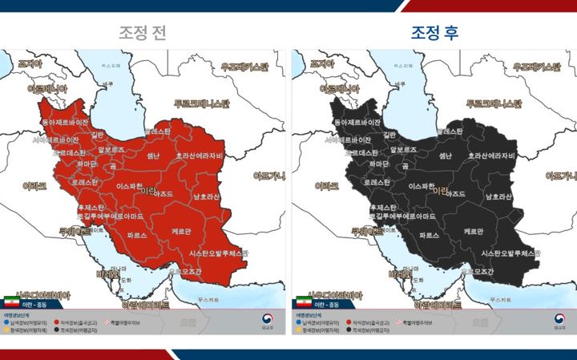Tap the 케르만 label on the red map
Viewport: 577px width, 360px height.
(x=181, y=231)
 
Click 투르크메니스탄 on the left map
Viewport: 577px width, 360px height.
(x=201, y=104)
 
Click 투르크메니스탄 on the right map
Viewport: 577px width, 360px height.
(x=493, y=104)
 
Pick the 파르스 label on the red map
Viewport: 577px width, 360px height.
(x=137, y=236)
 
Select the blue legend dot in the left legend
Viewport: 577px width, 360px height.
(x=7, y=322)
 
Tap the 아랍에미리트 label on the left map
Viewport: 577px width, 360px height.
(x=144, y=305)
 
